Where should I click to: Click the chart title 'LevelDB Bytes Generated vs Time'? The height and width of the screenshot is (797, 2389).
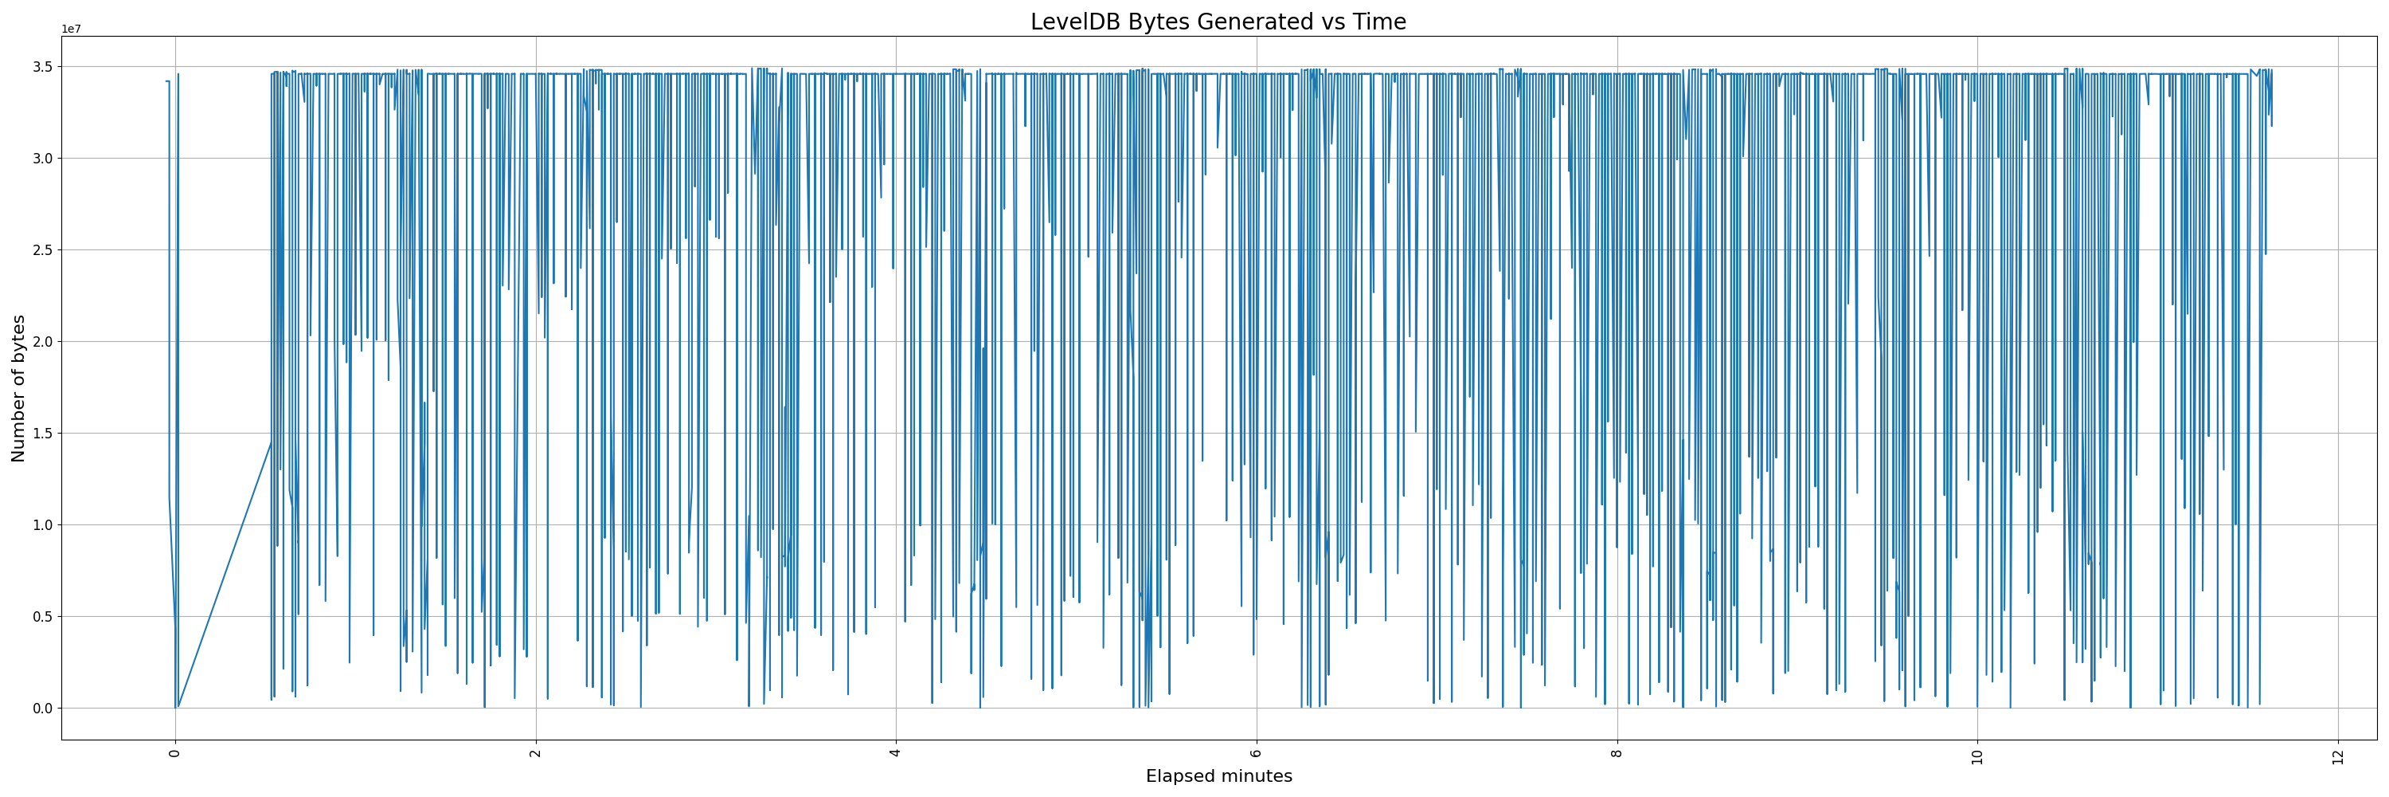1218,22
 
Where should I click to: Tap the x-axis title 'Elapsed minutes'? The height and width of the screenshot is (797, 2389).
1218,776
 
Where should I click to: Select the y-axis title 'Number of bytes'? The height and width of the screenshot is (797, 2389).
18,388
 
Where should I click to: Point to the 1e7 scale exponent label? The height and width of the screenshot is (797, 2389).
71,29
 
